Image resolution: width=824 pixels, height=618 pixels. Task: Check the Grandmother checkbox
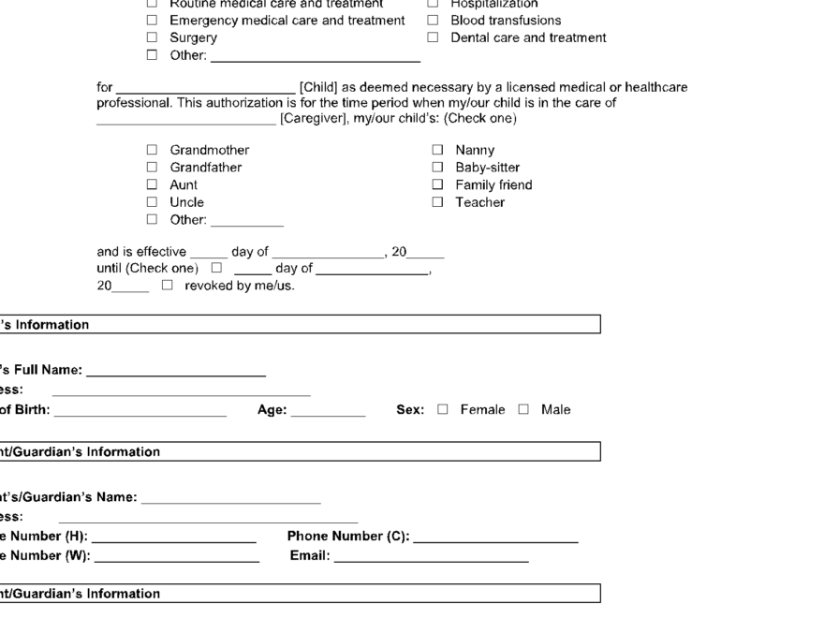152,150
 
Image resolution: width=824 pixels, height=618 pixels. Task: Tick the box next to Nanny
437,150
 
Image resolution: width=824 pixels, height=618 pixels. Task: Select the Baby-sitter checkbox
437,168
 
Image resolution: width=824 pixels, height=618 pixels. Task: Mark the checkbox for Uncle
152,202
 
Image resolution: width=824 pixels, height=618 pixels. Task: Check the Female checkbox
443,409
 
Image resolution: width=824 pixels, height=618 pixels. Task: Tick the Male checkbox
524,409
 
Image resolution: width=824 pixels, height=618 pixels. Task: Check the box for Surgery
152,37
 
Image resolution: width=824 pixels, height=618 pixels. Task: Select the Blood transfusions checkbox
433,20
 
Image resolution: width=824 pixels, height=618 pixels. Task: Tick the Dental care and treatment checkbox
433,37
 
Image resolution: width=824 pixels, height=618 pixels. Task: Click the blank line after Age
328,411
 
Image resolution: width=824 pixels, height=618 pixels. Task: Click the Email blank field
431,559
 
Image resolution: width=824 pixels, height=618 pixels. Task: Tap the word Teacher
479,202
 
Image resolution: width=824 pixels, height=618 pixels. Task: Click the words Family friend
493,185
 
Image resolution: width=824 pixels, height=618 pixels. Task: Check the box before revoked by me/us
167,286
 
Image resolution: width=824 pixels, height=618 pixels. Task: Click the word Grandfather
205,168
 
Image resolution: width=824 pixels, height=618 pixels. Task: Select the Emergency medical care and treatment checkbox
152,20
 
